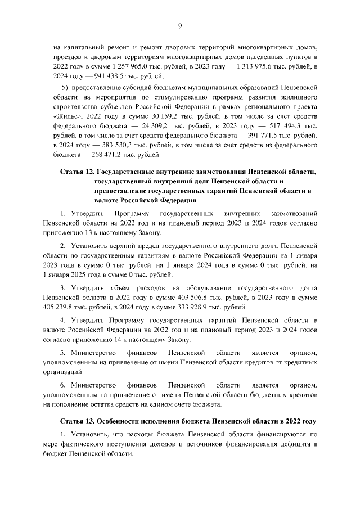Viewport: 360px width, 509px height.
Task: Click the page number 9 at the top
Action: (180, 25)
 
